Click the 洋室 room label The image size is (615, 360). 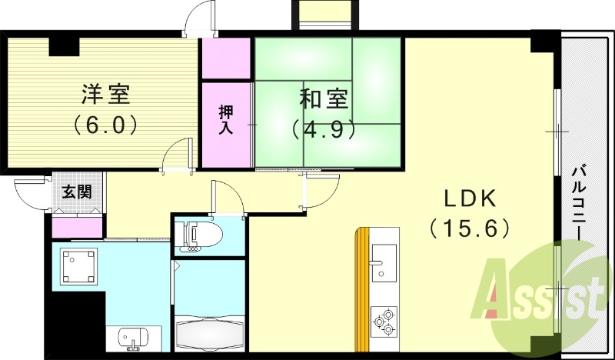click(106, 95)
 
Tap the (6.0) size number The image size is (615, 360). click(106, 123)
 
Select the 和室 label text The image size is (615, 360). click(324, 99)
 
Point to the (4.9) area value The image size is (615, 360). click(324, 128)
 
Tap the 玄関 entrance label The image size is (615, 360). click(78, 191)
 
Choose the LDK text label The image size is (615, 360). click(468, 198)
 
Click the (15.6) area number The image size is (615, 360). click(468, 228)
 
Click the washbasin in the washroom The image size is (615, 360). click(131, 338)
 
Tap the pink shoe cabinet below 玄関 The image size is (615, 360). click(78, 228)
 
